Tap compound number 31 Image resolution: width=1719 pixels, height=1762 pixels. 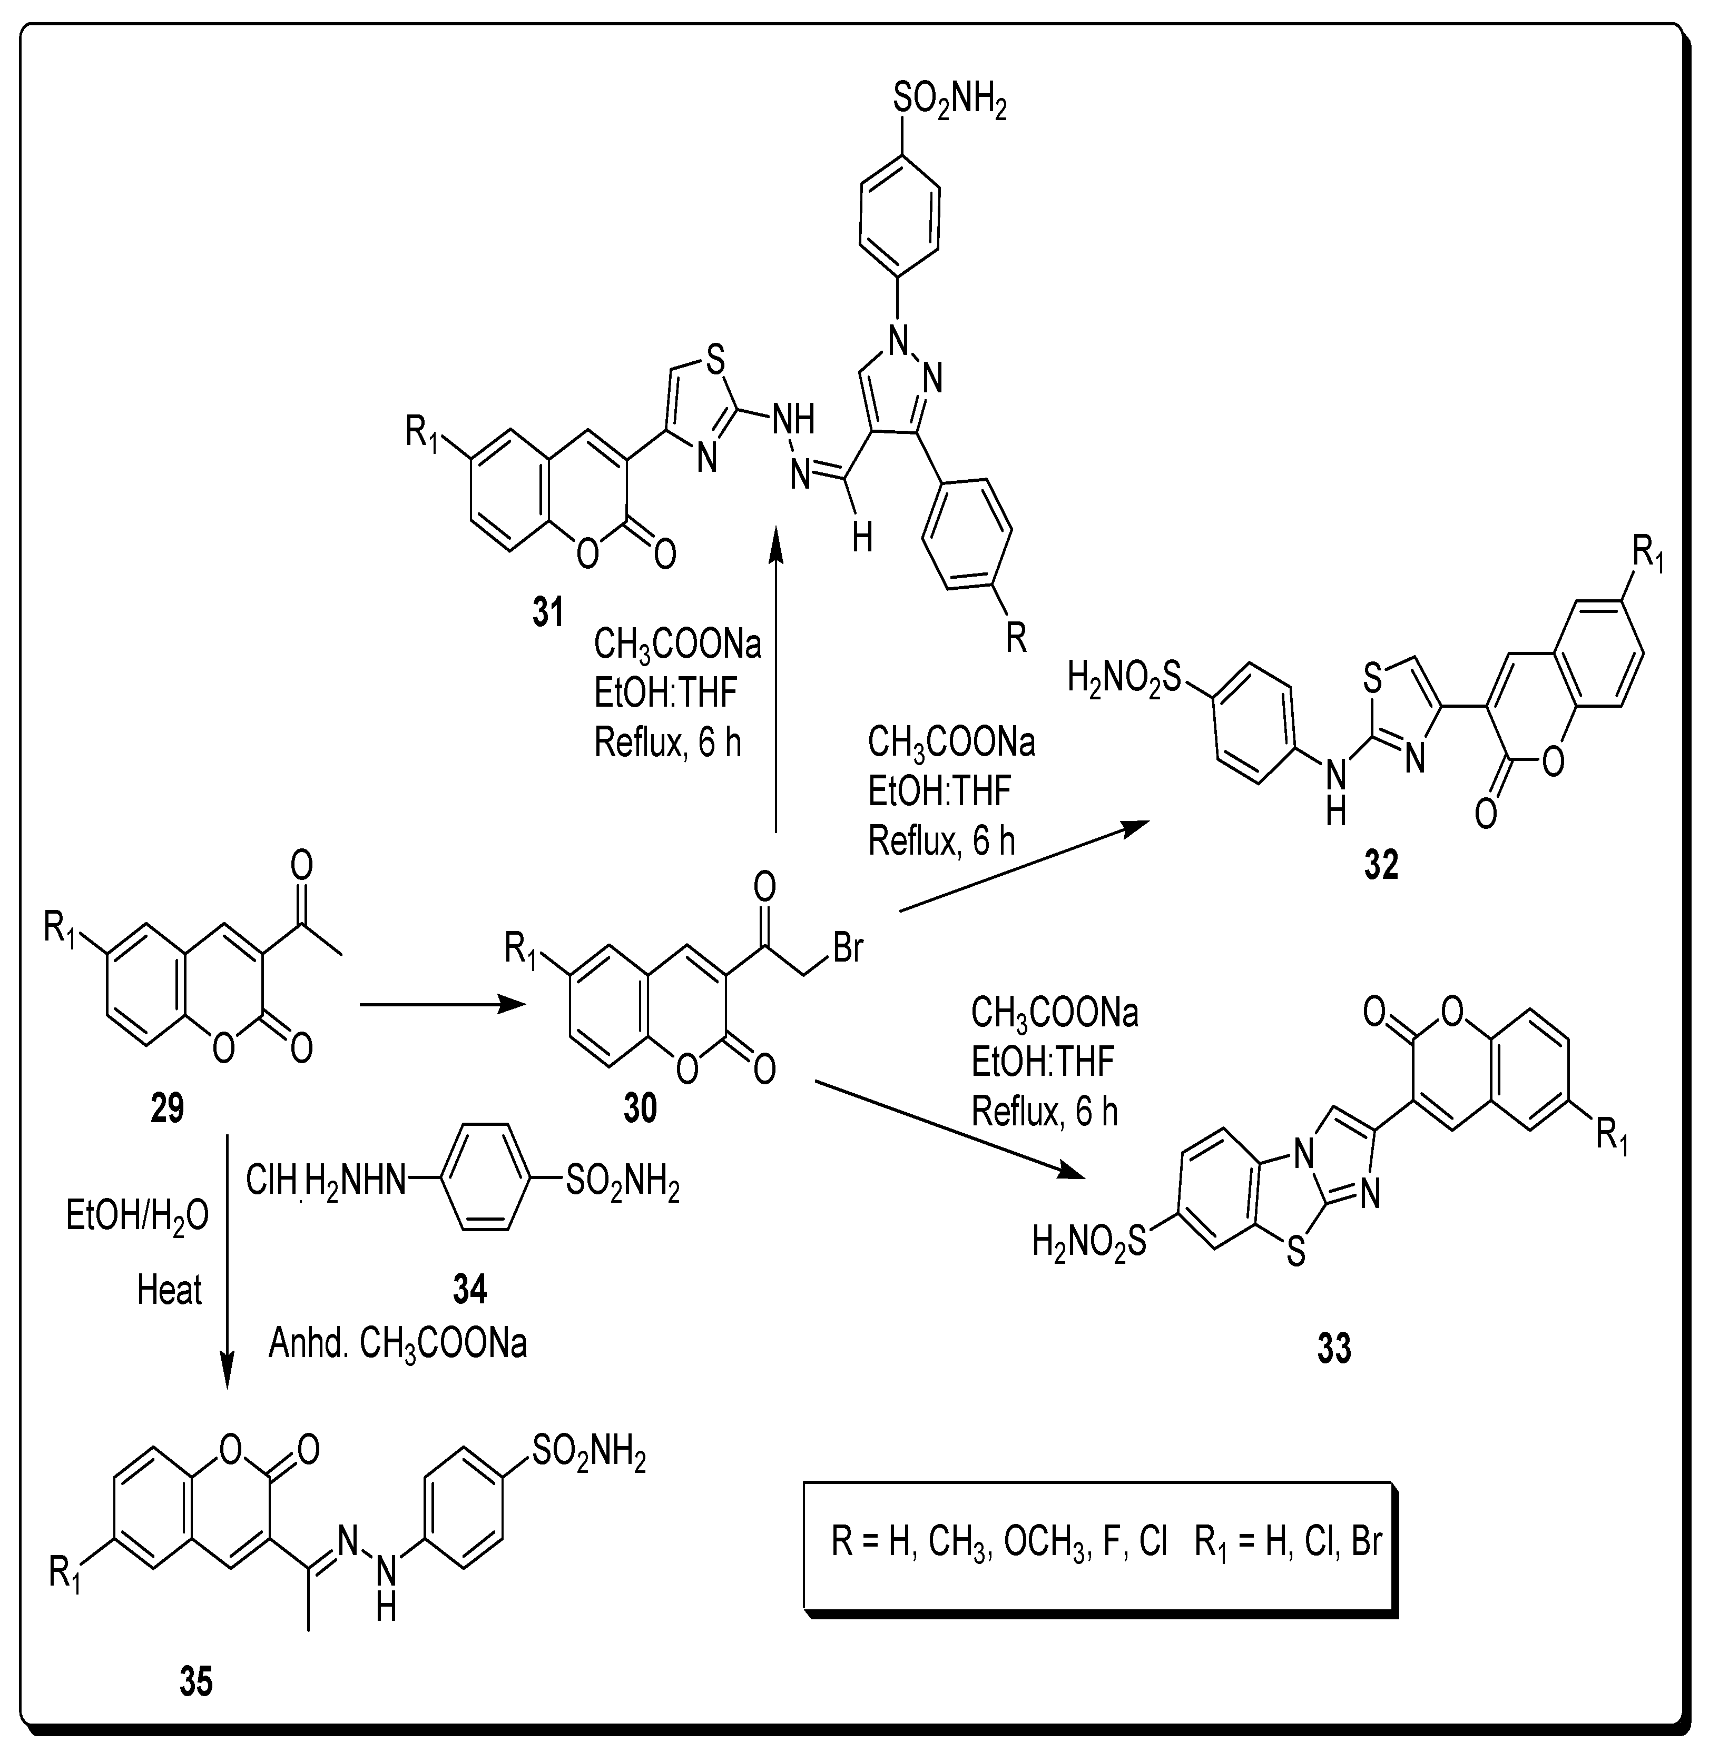click(x=548, y=613)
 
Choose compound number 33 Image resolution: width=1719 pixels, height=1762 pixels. click(x=1334, y=1349)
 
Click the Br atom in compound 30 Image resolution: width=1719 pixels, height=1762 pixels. click(x=848, y=949)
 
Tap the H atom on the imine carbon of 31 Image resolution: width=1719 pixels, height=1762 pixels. click(x=863, y=540)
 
